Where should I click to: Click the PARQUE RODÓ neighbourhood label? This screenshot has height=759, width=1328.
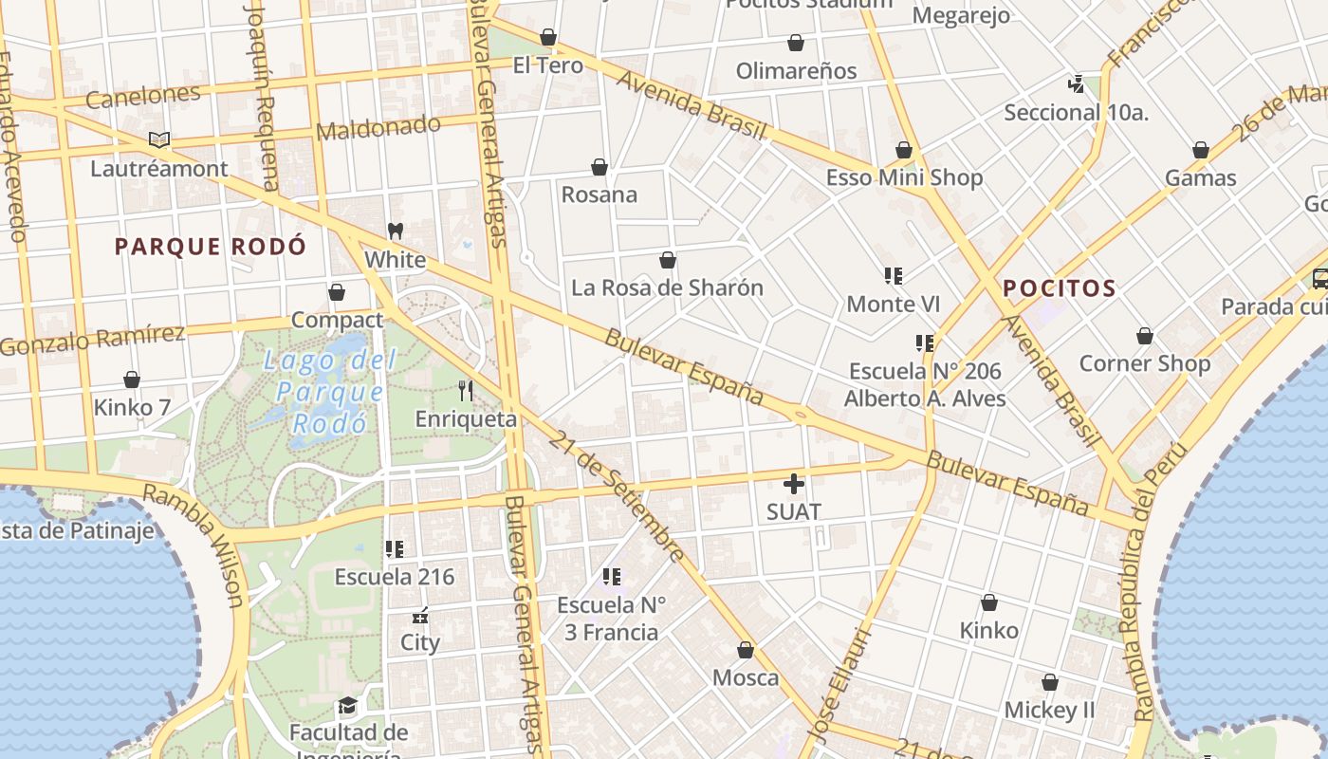(211, 248)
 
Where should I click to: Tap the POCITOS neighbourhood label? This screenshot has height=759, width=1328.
(1060, 288)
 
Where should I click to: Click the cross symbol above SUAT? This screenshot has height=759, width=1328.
(794, 484)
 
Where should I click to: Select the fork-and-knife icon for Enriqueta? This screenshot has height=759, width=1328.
(466, 391)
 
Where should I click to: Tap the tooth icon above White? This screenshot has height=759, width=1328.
(396, 231)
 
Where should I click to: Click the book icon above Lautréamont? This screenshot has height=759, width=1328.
(159, 140)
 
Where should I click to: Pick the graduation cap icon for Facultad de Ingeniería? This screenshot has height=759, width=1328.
(348, 706)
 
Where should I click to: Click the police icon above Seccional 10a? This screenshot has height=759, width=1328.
(1076, 83)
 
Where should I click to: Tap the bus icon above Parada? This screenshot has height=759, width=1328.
(1319, 279)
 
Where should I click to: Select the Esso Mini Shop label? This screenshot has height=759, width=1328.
(904, 177)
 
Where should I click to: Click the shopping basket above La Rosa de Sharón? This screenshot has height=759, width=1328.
(668, 260)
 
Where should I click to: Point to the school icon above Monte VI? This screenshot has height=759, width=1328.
(893, 276)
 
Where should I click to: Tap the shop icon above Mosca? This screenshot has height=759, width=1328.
(746, 650)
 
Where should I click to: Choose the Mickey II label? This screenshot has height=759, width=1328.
(1049, 710)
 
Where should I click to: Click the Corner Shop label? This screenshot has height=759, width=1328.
(1145, 363)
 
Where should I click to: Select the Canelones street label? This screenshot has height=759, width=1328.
(143, 96)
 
